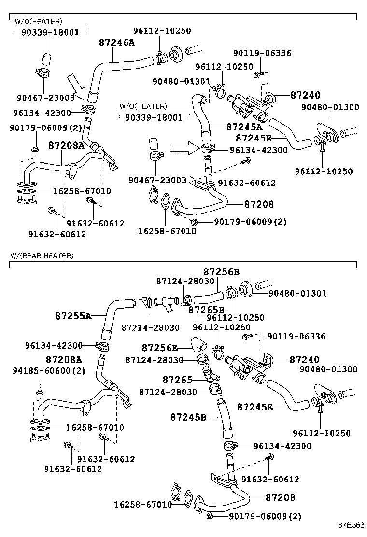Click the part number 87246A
[117, 42]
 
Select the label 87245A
[244, 127]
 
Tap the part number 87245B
[188, 416]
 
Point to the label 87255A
[73, 316]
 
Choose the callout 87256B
[221, 272]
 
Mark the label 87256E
[160, 347]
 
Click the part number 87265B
[206, 310]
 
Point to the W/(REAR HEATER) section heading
[42, 255]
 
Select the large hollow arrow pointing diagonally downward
[76, 85]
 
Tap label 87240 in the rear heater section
[304, 359]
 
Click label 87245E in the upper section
[254, 138]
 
